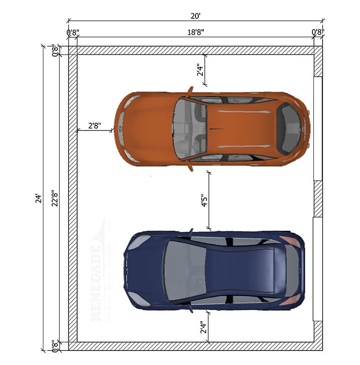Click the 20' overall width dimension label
[x=196, y=16]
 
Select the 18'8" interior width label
[x=196, y=32]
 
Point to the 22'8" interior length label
[x=55, y=198]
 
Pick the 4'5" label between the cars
[x=204, y=201]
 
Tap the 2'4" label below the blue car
[x=203, y=328]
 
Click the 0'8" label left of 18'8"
[x=73, y=32]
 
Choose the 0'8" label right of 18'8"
[x=318, y=32]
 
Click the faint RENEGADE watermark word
[x=96, y=283]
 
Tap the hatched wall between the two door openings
[x=318, y=198]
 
